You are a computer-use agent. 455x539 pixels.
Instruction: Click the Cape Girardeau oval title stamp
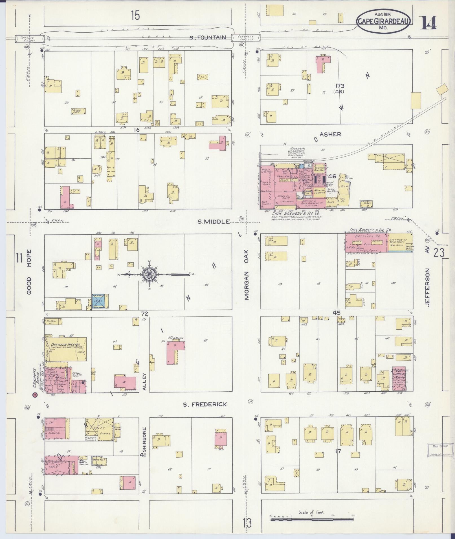(x=383, y=21)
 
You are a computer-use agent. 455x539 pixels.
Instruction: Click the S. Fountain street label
(x=208, y=37)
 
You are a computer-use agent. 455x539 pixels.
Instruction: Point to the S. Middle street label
(x=213, y=222)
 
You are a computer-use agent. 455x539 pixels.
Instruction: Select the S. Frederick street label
(x=205, y=405)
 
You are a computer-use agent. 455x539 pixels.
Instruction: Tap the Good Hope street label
(x=29, y=272)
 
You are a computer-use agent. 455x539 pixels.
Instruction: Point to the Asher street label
(x=330, y=134)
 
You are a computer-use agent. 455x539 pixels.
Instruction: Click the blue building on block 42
(x=98, y=301)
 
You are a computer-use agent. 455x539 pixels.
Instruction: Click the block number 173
(x=340, y=86)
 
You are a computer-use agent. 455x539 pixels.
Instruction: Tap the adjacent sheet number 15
(x=135, y=15)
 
